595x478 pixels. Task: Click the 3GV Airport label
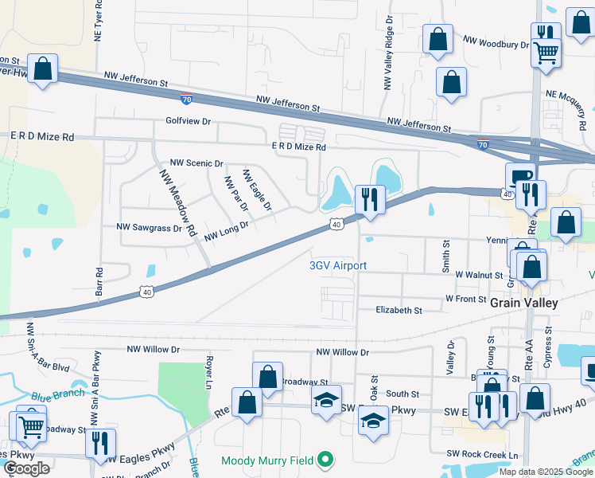click(338, 265)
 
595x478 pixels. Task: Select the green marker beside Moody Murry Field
click(325, 460)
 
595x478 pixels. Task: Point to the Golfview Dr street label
click(188, 122)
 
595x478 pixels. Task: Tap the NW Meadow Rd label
click(177, 205)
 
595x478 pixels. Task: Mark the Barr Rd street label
click(99, 282)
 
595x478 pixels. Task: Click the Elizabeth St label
click(399, 310)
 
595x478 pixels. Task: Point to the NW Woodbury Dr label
click(496, 41)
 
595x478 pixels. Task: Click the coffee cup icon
click(521, 176)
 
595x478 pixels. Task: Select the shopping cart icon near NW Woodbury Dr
click(546, 53)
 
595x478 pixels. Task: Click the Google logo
click(26, 468)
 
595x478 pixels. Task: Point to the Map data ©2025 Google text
click(545, 472)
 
